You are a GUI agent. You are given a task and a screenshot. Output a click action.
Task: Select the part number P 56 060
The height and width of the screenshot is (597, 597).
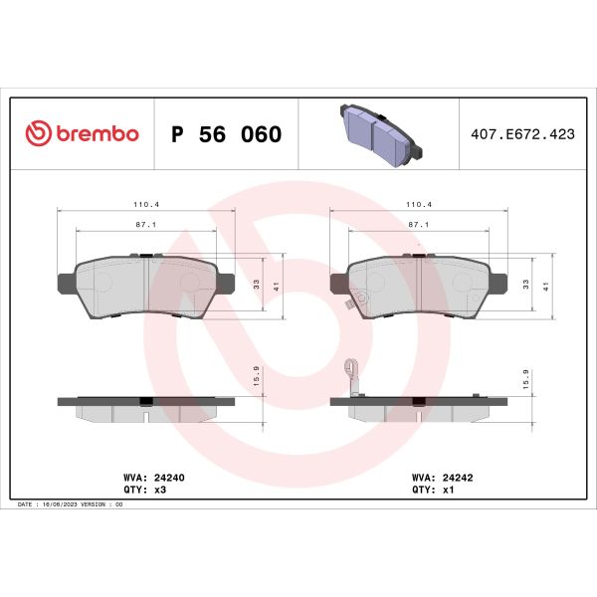[x=227, y=134]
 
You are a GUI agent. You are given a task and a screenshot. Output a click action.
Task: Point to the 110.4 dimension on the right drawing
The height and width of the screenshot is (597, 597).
[x=419, y=204]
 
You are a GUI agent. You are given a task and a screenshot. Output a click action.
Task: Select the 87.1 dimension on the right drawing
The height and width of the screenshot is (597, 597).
[x=419, y=225]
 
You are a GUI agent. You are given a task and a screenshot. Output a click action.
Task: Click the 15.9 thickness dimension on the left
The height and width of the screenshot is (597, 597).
[x=258, y=376]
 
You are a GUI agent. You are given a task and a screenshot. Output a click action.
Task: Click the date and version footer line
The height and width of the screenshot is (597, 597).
[x=70, y=505]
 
